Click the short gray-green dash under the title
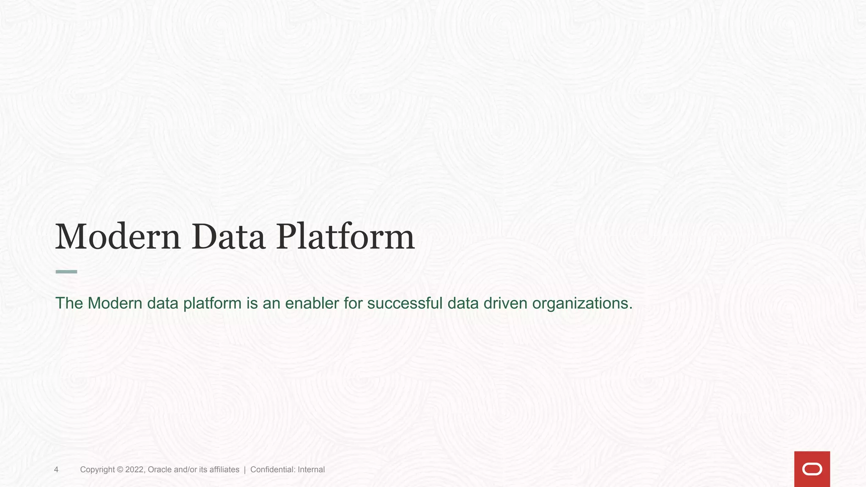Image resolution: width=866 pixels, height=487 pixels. [x=66, y=272]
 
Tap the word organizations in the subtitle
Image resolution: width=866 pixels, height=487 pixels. [x=582, y=304]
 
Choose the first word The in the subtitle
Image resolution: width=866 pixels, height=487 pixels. [x=69, y=303]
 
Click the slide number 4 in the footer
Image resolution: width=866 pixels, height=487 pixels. [x=56, y=470]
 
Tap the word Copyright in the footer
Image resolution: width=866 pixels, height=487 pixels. [x=97, y=470]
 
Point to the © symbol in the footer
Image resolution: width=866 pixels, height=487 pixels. [x=120, y=470]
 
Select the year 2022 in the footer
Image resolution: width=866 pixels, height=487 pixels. [x=135, y=470]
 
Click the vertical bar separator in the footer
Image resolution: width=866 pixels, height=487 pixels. [x=245, y=470]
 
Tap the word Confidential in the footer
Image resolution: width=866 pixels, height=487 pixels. [x=273, y=470]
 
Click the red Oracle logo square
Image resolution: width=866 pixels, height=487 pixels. [x=812, y=469]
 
